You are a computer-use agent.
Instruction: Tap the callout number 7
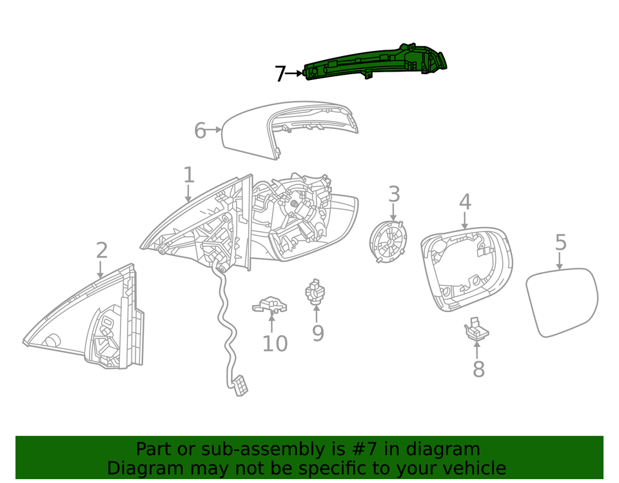[279, 74]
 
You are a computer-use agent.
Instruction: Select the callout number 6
[200, 131]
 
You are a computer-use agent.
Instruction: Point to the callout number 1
[188, 175]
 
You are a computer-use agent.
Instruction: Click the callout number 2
[102, 250]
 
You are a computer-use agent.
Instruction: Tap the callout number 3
[393, 194]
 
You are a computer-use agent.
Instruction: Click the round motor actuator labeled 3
[388, 241]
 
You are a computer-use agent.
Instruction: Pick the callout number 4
[465, 202]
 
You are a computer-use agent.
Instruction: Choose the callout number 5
[560, 243]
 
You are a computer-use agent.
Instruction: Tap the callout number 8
[478, 370]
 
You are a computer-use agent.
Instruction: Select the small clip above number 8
[476, 330]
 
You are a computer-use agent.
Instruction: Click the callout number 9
[317, 333]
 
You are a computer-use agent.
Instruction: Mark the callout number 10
[274, 344]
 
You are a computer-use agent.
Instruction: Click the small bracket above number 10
[271, 303]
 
